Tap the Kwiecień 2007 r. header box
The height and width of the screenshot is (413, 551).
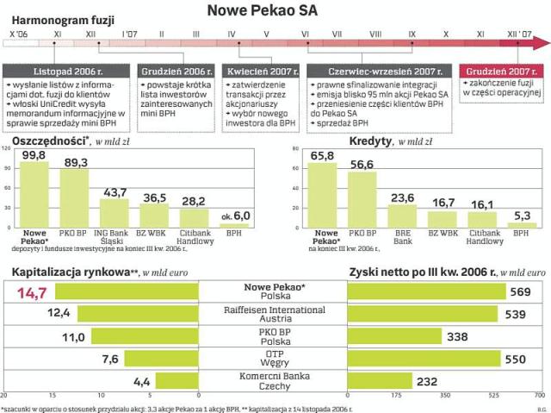pyautogui.click(x=263, y=71)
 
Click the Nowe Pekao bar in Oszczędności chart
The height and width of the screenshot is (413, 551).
pyautogui.click(x=34, y=194)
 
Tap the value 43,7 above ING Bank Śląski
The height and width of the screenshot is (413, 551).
pyautogui.click(x=115, y=192)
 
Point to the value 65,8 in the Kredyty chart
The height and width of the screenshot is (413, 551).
pyautogui.click(x=323, y=155)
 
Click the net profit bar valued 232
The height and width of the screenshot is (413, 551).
pyautogui.click(x=379, y=380)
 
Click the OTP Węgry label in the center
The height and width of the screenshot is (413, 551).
pyautogui.click(x=275, y=359)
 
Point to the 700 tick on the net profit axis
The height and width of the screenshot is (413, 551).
pyautogui.click(x=540, y=397)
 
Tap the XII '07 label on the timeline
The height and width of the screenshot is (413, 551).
pyautogui.click(x=517, y=32)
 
